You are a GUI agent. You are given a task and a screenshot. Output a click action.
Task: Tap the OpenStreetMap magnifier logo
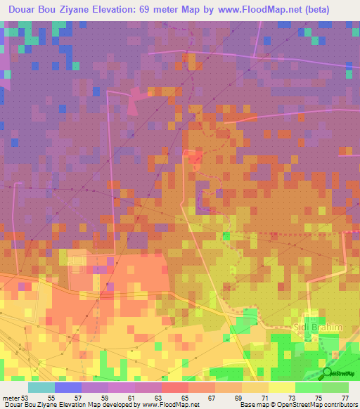[x=327, y=373]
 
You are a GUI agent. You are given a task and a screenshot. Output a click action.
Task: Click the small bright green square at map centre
[x=226, y=235]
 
